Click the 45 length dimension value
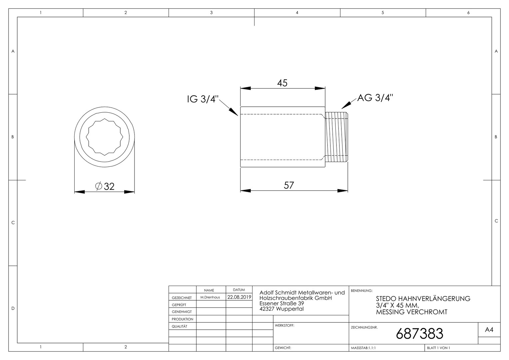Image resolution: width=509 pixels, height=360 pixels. click(282, 83)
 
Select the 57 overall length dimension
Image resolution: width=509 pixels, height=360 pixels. click(289, 185)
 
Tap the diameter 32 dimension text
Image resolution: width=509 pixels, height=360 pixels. click(105, 186)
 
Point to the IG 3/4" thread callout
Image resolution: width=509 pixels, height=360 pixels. click(203, 99)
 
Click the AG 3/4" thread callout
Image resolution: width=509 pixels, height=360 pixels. click(375, 98)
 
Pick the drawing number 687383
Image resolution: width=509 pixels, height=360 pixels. click(419, 334)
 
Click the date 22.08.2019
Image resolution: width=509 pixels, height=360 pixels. click(239, 297)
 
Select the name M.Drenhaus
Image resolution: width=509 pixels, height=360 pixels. click(210, 297)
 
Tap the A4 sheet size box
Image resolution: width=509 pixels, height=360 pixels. click(489, 330)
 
